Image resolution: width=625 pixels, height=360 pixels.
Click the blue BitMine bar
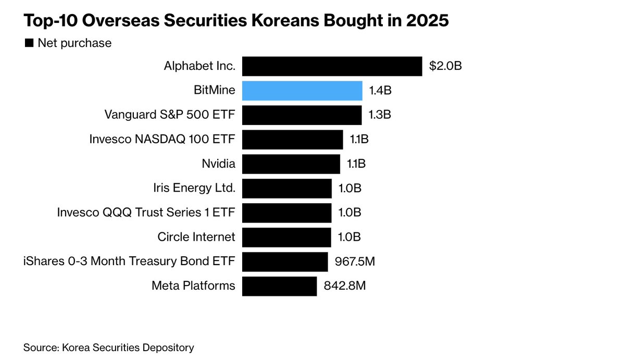click(x=302, y=91)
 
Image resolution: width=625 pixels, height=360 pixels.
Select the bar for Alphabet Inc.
click(x=332, y=66)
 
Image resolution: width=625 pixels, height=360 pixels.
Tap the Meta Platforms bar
click(x=279, y=286)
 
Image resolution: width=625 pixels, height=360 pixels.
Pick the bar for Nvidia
click(x=291, y=164)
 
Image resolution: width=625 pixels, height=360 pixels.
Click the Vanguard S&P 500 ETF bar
click(x=302, y=115)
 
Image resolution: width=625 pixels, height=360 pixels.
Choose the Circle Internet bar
click(x=286, y=237)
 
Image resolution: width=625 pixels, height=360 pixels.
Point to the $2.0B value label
click(x=445, y=66)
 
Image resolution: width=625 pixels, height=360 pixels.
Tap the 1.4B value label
click(x=380, y=91)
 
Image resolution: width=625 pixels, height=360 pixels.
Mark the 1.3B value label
click(x=379, y=115)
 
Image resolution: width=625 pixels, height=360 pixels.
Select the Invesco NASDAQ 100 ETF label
click(x=162, y=140)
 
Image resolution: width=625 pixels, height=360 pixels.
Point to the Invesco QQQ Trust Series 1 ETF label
click(x=146, y=213)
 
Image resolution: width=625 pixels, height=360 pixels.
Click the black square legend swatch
click(x=29, y=43)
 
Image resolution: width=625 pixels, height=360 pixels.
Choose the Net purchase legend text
click(x=74, y=43)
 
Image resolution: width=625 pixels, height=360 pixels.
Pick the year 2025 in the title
click(x=426, y=22)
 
